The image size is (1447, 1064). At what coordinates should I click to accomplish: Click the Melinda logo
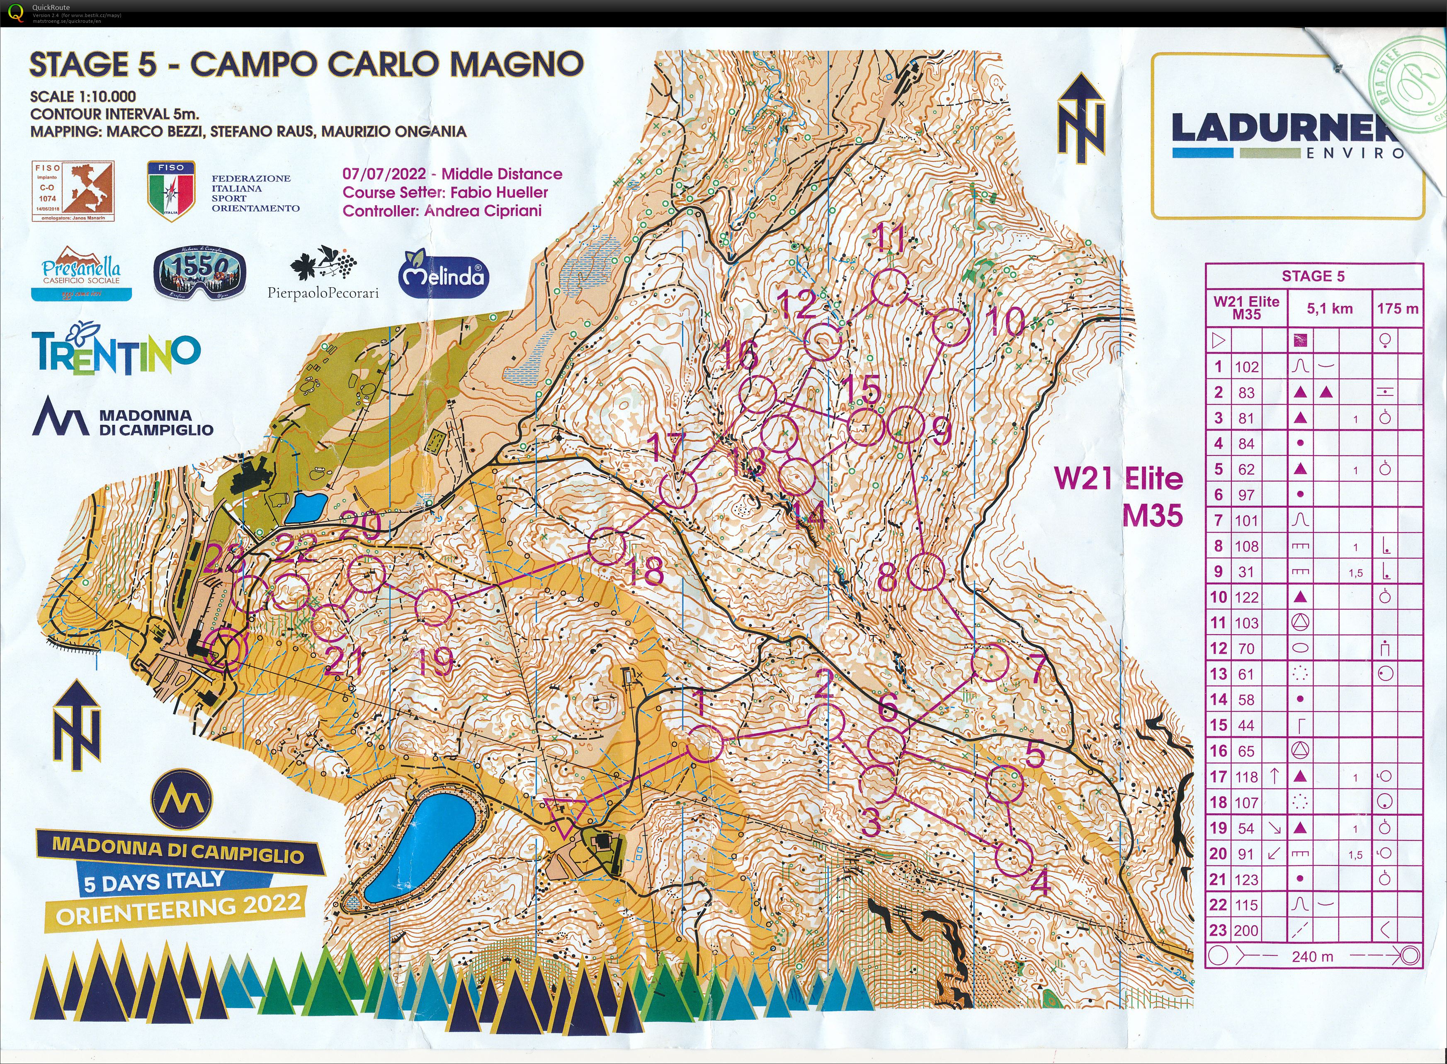click(444, 275)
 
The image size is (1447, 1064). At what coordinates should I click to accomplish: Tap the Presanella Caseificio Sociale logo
click(81, 273)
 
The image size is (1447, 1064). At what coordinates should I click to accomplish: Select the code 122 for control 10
click(1247, 597)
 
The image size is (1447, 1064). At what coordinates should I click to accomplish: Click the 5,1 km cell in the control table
click(1329, 308)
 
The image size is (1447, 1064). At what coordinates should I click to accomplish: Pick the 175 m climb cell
click(1397, 308)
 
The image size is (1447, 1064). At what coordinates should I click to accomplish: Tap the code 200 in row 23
click(1247, 930)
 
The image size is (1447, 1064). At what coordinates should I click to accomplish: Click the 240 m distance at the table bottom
click(1312, 957)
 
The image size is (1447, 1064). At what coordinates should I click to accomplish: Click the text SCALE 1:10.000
click(83, 97)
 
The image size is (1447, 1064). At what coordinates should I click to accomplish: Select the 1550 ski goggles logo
click(200, 273)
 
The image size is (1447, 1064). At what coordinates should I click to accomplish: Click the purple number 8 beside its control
click(887, 578)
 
